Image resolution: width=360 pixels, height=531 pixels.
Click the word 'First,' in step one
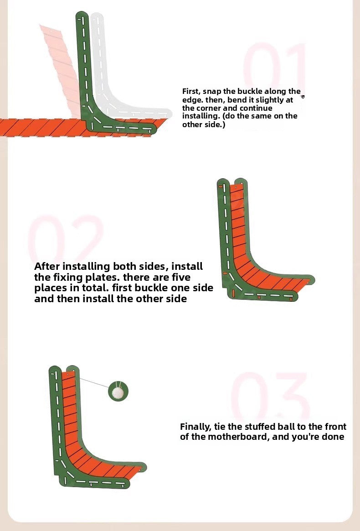pos(191,92)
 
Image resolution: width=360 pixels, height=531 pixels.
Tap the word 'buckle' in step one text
pos(250,92)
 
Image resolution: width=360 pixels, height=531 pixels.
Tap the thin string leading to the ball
pos(94,383)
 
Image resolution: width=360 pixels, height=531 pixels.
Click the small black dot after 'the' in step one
pos(303,97)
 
